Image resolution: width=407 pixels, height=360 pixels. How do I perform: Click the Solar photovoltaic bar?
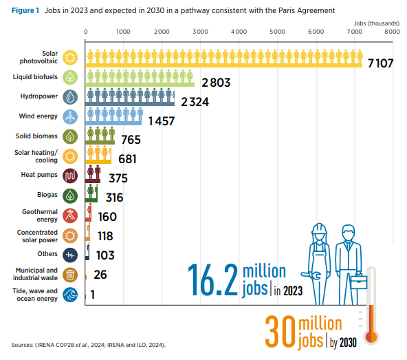(223, 59)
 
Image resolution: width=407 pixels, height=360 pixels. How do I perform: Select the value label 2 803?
(216, 83)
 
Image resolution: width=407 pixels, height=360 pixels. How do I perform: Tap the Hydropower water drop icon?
(70, 97)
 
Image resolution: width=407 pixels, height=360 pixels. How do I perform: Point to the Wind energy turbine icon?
(70, 117)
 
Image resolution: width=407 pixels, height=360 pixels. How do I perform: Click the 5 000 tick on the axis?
(277, 32)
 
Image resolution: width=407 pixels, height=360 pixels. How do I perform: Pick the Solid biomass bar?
(100, 136)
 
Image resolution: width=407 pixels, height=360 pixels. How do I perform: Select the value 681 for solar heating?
(127, 159)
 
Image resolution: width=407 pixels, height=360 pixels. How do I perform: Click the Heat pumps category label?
(39, 175)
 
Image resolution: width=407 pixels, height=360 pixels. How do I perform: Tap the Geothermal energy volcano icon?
(70, 215)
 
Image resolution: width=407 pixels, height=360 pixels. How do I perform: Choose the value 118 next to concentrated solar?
(105, 236)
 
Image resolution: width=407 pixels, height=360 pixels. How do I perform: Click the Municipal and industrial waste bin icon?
(70, 275)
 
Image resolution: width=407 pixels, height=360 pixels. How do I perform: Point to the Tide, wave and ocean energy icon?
(70, 295)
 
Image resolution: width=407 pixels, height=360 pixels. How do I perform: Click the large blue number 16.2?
(212, 279)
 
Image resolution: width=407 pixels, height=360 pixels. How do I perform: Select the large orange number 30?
(280, 331)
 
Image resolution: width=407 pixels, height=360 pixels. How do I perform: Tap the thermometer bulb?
(371, 337)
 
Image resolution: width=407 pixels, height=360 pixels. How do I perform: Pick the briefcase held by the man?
(359, 282)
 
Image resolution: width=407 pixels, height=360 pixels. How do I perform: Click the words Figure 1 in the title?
(25, 10)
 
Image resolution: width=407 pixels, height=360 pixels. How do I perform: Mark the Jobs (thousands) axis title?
(376, 23)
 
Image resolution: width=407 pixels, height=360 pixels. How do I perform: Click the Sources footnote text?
(89, 345)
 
